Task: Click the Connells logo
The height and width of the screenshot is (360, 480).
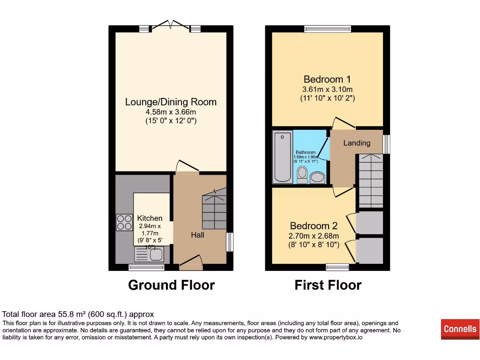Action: click(460, 329)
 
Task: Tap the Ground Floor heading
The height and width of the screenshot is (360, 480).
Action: click(171, 285)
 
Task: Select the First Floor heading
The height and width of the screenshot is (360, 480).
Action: click(328, 285)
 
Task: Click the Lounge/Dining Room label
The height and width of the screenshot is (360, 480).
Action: click(171, 102)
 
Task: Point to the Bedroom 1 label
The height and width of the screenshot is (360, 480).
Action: click(327, 79)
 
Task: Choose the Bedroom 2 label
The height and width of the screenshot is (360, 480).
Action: click(314, 226)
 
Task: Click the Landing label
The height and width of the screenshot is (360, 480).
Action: click(357, 143)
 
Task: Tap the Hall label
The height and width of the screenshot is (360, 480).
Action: click(197, 235)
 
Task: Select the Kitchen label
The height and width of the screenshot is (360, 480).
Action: click(150, 218)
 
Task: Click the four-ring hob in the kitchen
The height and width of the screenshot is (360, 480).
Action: click(124, 222)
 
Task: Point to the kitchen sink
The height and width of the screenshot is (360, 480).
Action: click(155, 255)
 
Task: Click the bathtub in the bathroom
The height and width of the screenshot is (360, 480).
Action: click(283, 157)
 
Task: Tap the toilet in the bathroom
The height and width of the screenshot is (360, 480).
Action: click(302, 173)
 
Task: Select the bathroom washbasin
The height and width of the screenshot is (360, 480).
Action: click(318, 177)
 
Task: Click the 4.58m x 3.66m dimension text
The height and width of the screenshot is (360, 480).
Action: click(171, 112)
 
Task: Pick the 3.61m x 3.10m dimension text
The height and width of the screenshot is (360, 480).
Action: click(327, 89)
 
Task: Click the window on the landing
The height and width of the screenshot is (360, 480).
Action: click(387, 144)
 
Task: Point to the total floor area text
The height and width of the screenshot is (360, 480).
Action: click(78, 315)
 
